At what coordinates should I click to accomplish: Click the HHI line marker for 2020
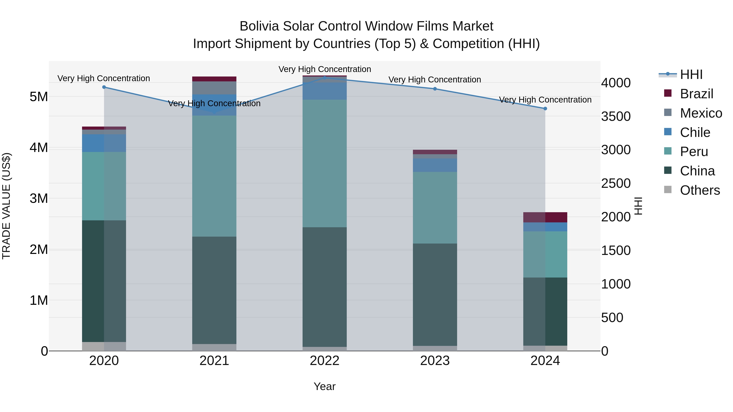104,87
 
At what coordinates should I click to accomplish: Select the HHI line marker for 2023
435,89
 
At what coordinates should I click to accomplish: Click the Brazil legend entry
696,94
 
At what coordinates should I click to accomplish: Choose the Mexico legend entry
701,113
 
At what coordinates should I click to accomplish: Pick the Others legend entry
699,190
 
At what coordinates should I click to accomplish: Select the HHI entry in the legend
691,74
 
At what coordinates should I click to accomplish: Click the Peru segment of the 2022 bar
325,164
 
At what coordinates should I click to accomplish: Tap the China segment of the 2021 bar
214,290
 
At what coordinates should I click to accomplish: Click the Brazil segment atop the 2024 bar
545,217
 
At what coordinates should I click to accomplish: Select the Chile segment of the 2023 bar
435,165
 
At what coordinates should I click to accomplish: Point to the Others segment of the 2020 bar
104,346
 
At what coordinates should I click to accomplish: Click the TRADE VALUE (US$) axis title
7,206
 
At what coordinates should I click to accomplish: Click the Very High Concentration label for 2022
325,69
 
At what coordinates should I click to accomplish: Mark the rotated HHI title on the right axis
638,206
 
